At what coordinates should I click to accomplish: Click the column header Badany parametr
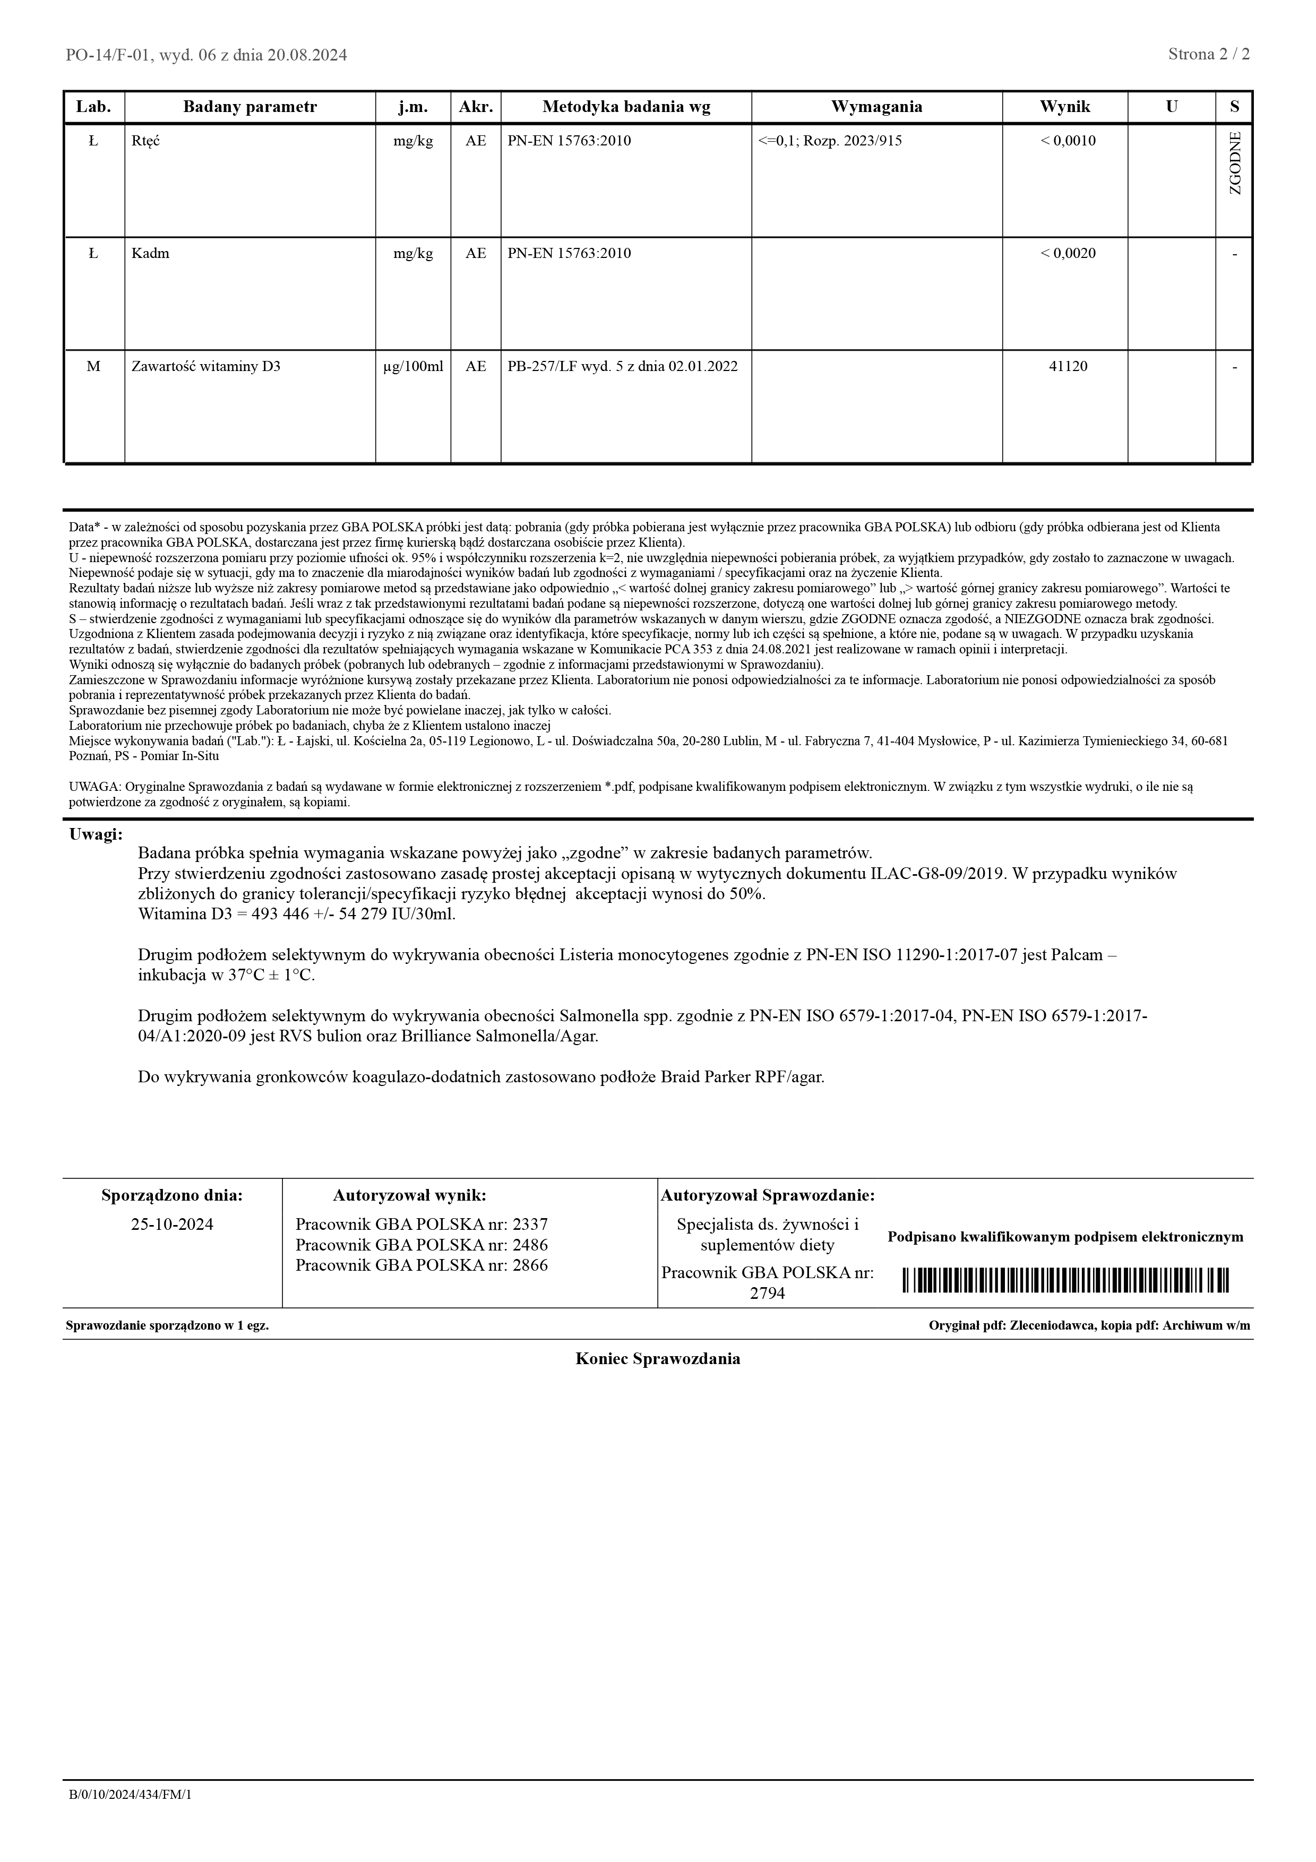tap(250, 107)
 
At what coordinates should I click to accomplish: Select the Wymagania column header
tap(876, 107)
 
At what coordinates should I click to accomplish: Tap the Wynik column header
tap(1065, 107)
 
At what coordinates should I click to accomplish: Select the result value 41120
tap(1068, 367)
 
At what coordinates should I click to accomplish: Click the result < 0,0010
tap(1068, 141)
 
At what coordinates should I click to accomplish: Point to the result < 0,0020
tap(1068, 254)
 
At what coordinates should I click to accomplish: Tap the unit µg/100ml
tap(412, 367)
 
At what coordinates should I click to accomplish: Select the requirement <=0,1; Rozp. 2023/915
tap(830, 141)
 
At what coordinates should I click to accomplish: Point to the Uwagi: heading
tap(96, 834)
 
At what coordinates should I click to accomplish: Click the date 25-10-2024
tap(172, 1225)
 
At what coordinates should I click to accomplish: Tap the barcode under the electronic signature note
tap(1065, 1281)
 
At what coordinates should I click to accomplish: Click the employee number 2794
tap(767, 1294)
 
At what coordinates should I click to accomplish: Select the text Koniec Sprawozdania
tap(658, 1359)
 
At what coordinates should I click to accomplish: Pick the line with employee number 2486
tap(421, 1245)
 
